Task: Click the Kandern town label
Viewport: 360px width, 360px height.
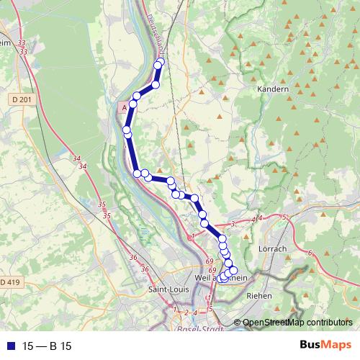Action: (x=272, y=89)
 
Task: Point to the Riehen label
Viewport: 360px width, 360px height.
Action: (x=259, y=295)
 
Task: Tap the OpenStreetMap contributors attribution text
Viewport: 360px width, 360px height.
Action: (x=298, y=323)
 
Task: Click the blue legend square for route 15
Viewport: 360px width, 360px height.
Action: (x=9, y=346)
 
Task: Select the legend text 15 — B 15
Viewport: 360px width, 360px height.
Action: (x=47, y=346)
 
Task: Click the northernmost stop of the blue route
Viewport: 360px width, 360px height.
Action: (x=161, y=63)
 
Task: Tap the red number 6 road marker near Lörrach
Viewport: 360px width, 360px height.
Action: (x=310, y=253)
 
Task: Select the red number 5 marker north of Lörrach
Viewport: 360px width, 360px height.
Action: (x=284, y=217)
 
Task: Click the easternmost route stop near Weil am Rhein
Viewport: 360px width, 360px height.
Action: (x=233, y=270)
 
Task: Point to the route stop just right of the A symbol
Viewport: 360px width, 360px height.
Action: (x=133, y=104)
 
